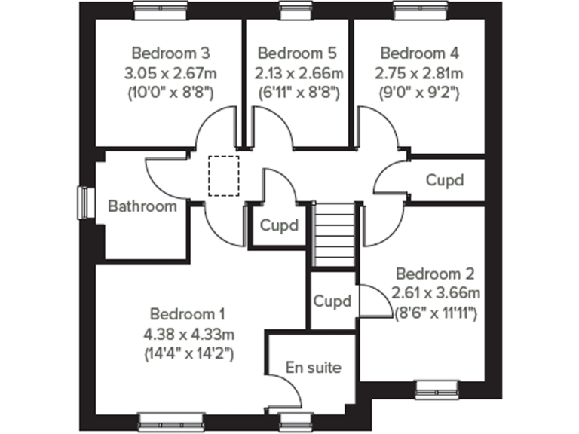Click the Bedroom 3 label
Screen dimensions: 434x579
pyautogui.click(x=170, y=53)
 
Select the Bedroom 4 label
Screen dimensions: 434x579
pyautogui.click(x=419, y=53)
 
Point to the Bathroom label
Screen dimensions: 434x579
pyautogui.click(x=142, y=206)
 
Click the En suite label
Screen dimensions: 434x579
pyautogui.click(x=314, y=368)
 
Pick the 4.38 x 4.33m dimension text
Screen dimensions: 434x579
pyautogui.click(x=191, y=334)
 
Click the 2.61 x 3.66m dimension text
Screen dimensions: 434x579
pyautogui.click(x=436, y=293)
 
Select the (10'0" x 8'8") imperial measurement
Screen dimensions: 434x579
pyautogui.click(x=170, y=93)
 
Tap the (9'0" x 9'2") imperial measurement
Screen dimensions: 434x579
pyautogui.click(x=419, y=93)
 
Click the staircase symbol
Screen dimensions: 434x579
pyautogui.click(x=333, y=234)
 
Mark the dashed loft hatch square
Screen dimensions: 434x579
pyautogui.click(x=222, y=176)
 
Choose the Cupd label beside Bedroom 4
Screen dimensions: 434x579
pyautogui.click(x=444, y=181)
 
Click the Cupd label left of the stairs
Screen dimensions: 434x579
pyautogui.click(x=279, y=225)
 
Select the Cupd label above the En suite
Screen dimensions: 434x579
pyautogui.click(x=332, y=301)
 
